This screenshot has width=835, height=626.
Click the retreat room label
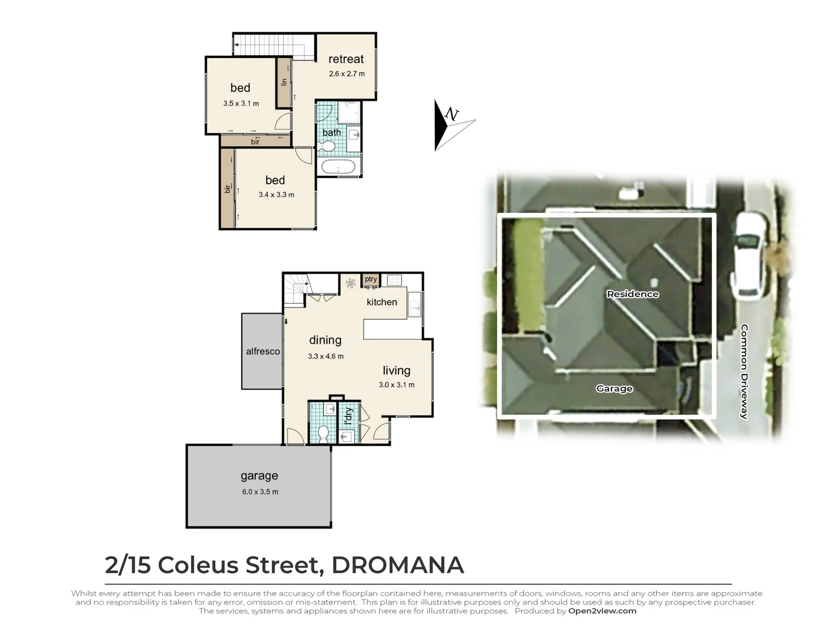[x=346, y=59]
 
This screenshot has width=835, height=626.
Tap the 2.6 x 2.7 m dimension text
[x=347, y=74]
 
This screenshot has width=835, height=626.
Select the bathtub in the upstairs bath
[x=338, y=168]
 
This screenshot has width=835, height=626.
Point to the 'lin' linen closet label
[x=284, y=82]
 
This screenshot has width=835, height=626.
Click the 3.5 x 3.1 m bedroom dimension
[x=241, y=104]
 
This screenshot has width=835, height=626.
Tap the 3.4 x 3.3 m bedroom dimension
[x=276, y=195]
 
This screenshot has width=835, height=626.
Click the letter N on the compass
[x=452, y=115]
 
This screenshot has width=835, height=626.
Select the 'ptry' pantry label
[x=371, y=279]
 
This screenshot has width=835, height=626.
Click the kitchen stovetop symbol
[x=394, y=281]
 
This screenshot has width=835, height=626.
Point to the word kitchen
[x=382, y=302]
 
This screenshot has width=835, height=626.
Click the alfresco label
[x=263, y=351]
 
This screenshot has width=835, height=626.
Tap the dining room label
[x=325, y=340]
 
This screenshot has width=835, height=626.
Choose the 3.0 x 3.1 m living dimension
[x=397, y=385]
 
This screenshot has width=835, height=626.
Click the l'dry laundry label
[x=348, y=416]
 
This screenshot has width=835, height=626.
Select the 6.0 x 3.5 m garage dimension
[x=260, y=492]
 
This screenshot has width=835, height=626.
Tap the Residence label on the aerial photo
[x=632, y=294]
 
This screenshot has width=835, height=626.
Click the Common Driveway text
[x=744, y=372]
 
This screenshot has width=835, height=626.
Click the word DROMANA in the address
[x=397, y=565]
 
